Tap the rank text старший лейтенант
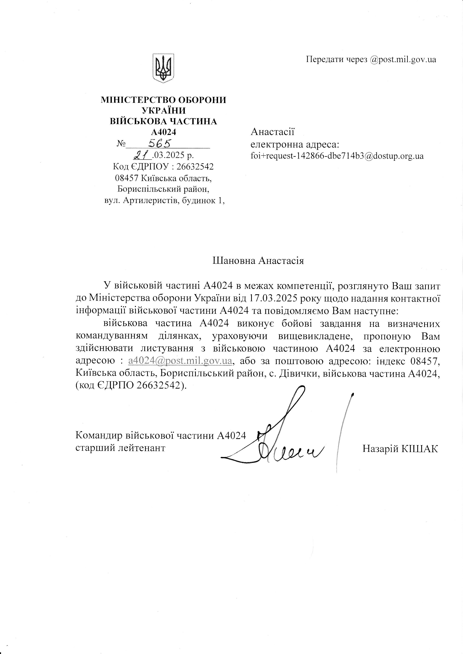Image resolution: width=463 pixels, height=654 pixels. pos(120,448)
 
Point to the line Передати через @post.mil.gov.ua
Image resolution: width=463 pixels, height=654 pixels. pos(371,60)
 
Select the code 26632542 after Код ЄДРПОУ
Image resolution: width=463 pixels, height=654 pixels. pos(195,166)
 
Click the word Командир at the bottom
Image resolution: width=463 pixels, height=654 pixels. pos(97,436)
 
